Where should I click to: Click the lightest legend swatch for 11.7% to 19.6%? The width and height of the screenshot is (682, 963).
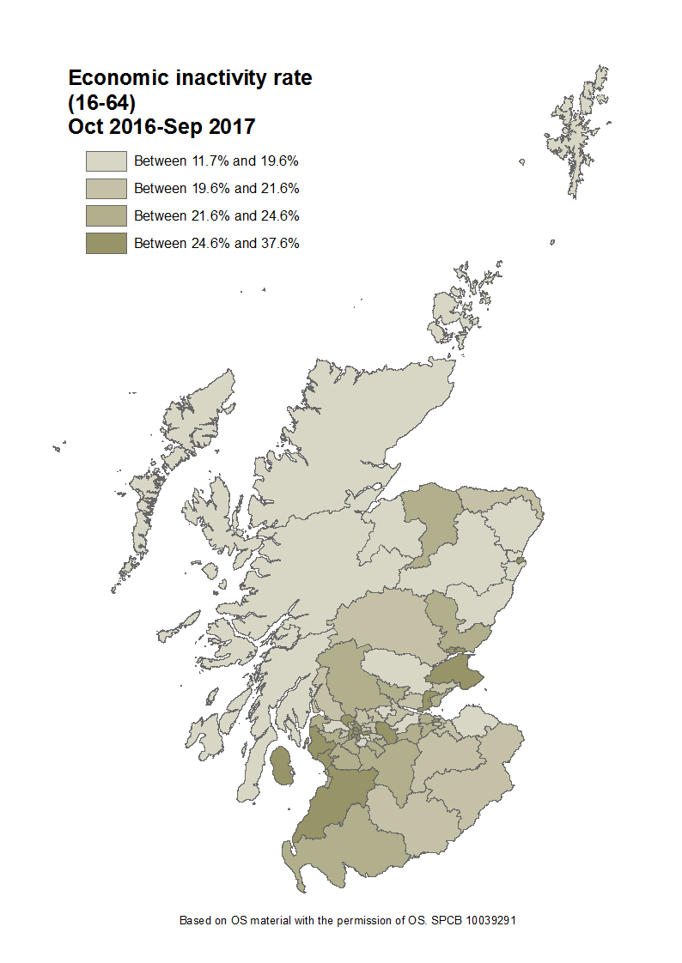[106, 160]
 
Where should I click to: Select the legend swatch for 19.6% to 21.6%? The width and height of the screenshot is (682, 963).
[106, 188]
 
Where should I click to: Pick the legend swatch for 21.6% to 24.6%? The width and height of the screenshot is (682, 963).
[106, 215]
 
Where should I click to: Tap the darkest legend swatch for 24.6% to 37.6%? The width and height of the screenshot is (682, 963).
[106, 243]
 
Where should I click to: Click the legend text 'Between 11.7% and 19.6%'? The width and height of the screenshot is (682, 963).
[216, 160]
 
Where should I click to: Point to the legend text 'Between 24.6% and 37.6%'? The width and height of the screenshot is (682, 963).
[216, 243]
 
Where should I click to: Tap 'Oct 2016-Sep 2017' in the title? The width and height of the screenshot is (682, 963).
[161, 126]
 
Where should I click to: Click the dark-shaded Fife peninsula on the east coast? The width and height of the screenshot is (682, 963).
[455, 670]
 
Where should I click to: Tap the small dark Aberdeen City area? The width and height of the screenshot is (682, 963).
[521, 561]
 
